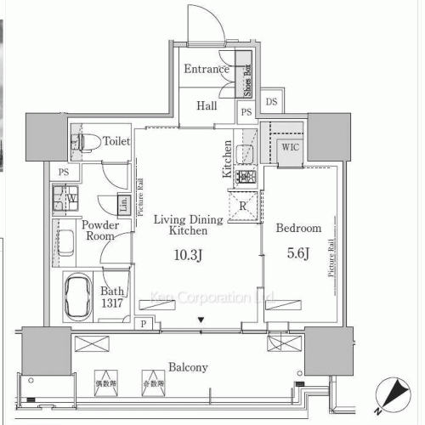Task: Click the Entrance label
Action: click(206, 70)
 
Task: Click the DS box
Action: click(271, 102)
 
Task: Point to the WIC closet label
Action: click(291, 146)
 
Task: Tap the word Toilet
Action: click(116, 141)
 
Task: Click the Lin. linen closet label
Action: click(124, 204)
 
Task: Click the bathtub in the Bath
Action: click(82, 296)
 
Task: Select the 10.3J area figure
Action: click(188, 254)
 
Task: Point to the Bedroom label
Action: click(299, 228)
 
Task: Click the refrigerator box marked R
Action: click(244, 206)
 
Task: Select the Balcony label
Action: click(188, 367)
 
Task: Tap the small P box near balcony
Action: click(144, 324)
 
